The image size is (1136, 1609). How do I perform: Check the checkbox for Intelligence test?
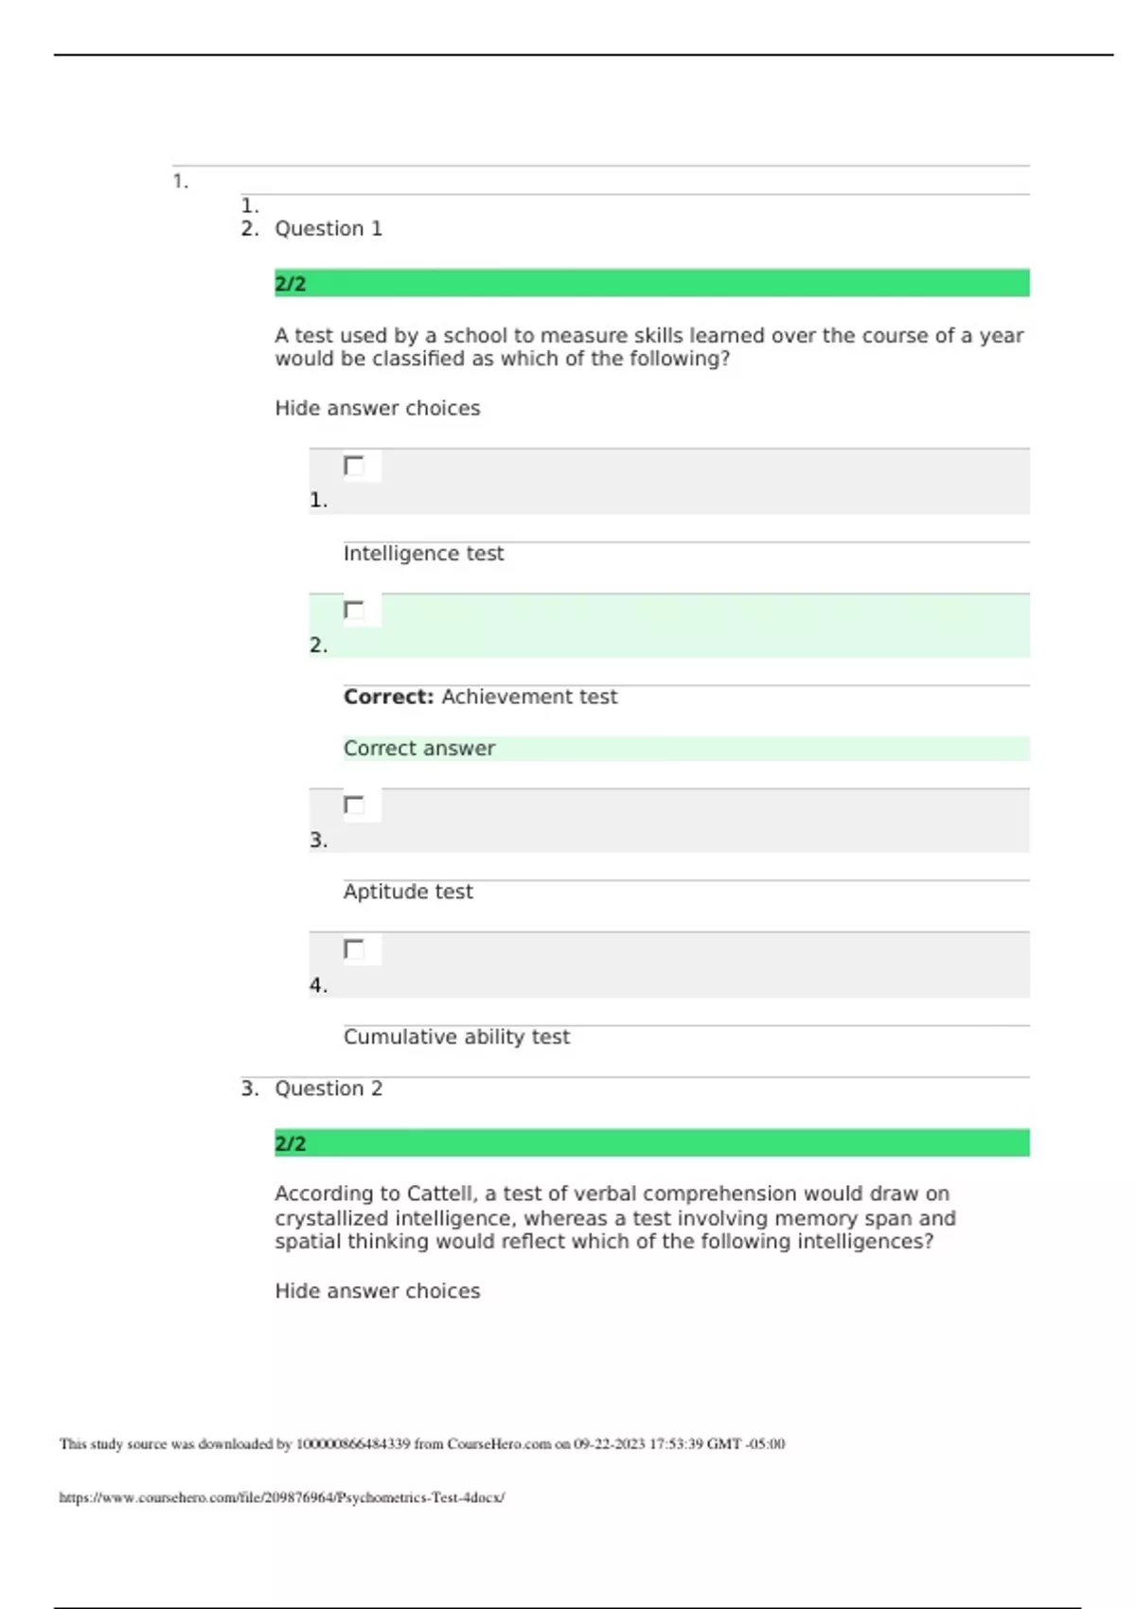354,466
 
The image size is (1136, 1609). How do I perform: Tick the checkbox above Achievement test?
354,610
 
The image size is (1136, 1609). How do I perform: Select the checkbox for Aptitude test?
354,805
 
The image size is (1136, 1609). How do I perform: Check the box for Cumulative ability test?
354,949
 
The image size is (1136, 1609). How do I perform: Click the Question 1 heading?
328,229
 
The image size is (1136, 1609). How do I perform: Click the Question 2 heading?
328,1088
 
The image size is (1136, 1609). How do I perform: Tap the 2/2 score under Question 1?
291,284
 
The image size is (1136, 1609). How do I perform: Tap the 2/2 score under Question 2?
291,1143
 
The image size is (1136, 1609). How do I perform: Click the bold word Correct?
388,698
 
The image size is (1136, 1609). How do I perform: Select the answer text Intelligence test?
423,554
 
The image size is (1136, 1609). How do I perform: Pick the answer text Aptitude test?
408,892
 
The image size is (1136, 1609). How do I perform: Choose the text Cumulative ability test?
456,1037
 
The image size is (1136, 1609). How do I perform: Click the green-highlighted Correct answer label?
419,749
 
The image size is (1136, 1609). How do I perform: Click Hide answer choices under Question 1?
377,409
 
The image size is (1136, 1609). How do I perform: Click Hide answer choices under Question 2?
377,1291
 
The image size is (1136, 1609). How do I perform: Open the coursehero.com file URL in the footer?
281,1497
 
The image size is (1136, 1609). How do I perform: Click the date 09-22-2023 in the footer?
609,1444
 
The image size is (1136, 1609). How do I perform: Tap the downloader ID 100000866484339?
353,1444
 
